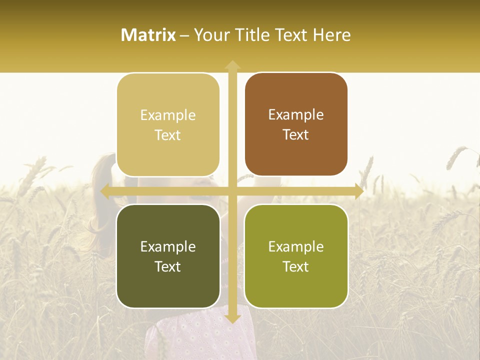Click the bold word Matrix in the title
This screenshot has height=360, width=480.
point(148,35)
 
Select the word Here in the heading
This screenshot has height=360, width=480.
point(332,35)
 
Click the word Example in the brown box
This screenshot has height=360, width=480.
point(296,114)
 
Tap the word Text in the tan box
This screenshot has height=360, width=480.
point(168,135)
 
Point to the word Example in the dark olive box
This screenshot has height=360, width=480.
point(168,246)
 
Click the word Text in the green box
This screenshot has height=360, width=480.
point(296,266)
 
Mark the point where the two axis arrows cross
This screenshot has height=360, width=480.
point(232,191)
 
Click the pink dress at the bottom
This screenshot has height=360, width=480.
point(200,335)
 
